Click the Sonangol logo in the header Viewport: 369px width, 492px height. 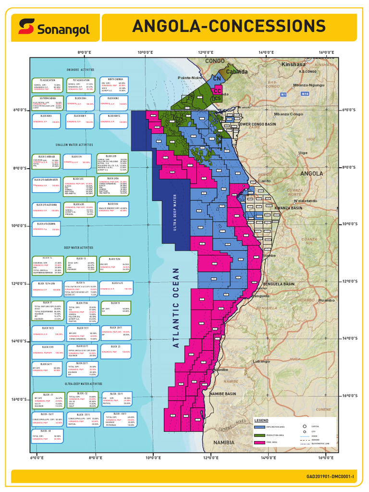point(54,27)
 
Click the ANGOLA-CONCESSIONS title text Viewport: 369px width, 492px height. point(229,26)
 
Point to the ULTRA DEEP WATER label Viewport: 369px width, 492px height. point(175,212)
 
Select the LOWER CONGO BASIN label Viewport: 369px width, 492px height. point(257,124)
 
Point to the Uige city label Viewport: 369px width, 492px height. point(303,153)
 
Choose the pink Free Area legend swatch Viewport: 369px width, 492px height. point(259,443)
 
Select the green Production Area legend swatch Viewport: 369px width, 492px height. point(259,435)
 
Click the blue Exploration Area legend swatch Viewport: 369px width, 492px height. point(259,427)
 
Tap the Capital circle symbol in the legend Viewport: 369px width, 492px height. point(305,426)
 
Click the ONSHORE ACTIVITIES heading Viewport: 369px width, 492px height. point(81,70)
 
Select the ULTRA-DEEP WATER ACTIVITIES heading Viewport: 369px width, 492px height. point(83,384)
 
